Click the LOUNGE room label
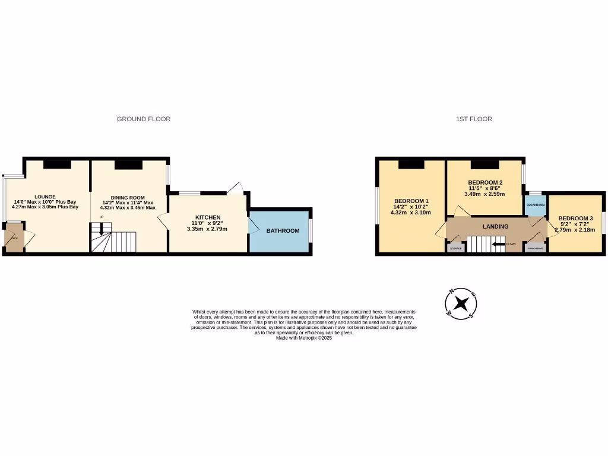45,197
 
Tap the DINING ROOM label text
128,197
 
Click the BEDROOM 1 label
410,200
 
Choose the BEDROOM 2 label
485,182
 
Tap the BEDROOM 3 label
575,218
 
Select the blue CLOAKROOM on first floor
535,205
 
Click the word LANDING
495,226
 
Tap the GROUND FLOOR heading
143,119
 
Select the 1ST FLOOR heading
474,119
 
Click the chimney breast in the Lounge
57,164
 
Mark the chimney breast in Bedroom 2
484,164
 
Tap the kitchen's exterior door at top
236,188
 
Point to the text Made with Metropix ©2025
304,337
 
